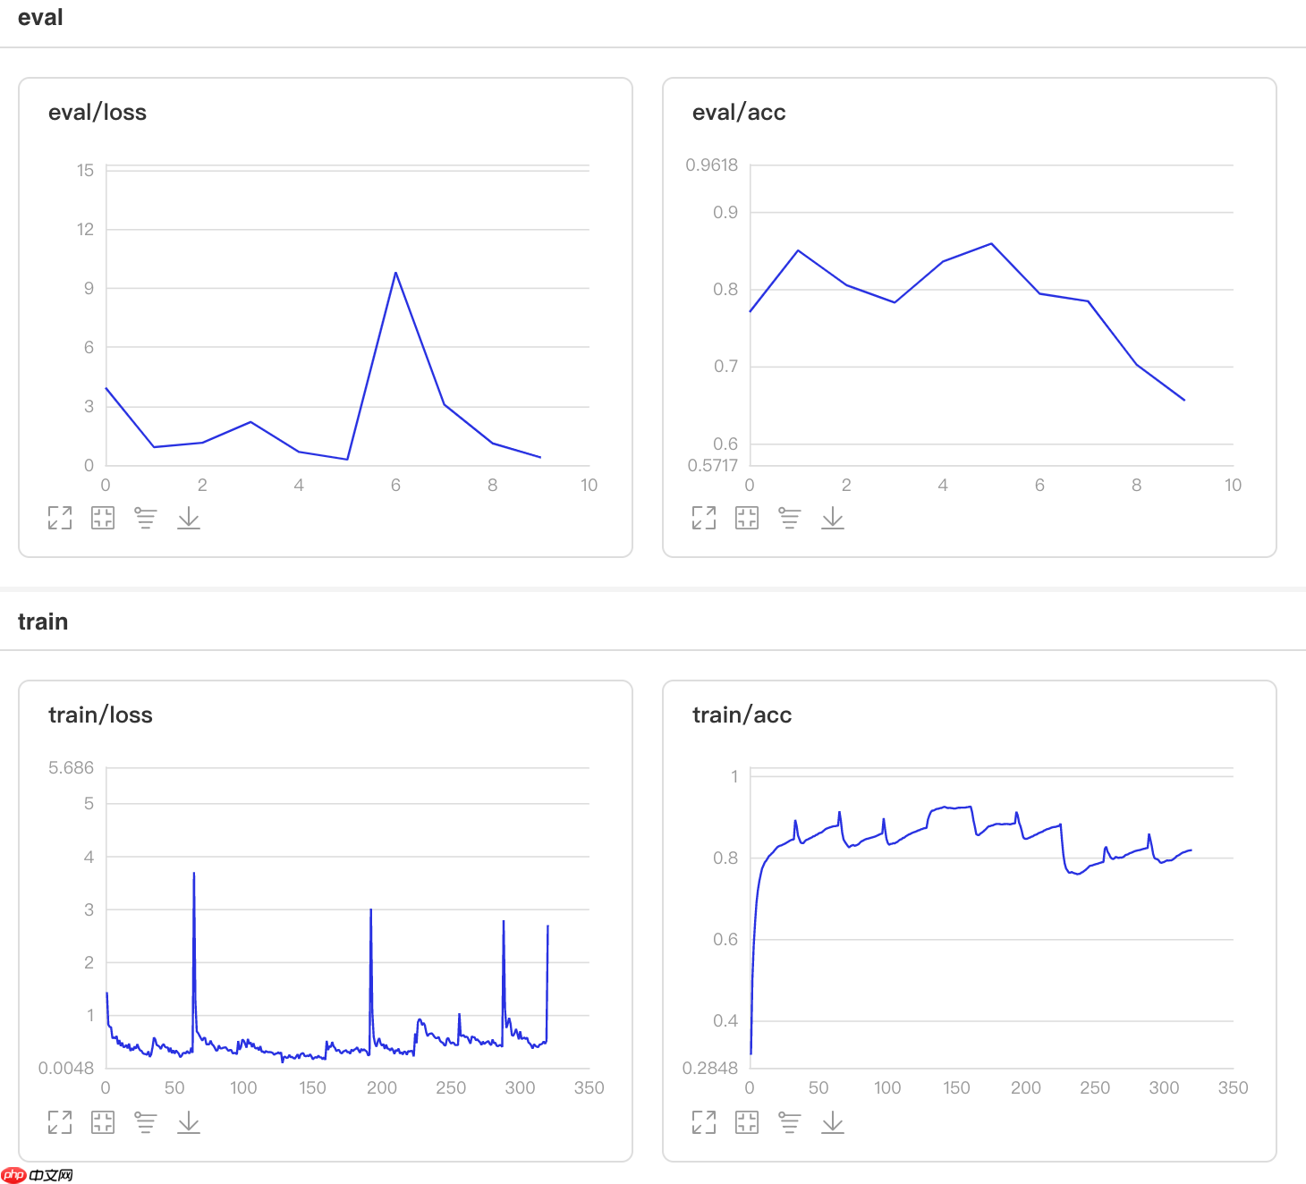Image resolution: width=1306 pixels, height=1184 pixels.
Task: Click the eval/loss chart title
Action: [x=98, y=113]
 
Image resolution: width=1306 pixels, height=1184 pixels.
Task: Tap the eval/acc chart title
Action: [x=739, y=113]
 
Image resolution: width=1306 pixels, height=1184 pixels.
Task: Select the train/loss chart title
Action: [x=100, y=715]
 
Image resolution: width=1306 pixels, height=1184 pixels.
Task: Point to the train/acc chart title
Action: [x=742, y=715]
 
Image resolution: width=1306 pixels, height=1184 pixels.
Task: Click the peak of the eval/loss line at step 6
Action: [x=395, y=273]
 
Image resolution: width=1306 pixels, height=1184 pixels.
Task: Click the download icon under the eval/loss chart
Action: [x=189, y=518]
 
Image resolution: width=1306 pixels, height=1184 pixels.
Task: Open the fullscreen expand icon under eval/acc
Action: [x=704, y=518]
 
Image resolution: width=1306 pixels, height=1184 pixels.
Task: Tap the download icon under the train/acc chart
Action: [x=833, y=1122]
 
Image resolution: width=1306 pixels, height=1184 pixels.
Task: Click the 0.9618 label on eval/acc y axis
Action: [x=711, y=165]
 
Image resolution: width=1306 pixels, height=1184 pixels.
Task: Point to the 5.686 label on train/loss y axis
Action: [x=71, y=768]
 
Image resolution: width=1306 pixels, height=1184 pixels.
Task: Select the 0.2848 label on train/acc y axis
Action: [x=709, y=1069]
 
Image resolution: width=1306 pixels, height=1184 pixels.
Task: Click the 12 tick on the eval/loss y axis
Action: [x=85, y=230]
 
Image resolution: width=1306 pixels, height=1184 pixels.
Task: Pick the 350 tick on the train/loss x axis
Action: [x=589, y=1088]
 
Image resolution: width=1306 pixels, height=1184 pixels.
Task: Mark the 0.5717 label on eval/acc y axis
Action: [x=712, y=466]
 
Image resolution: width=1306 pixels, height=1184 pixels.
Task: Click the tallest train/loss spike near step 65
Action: [x=194, y=874]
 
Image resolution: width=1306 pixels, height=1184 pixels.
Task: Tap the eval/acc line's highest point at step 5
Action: [x=991, y=244]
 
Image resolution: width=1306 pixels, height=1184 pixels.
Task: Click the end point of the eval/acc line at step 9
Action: [x=1184, y=400]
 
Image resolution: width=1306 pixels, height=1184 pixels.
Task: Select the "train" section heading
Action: [x=43, y=622]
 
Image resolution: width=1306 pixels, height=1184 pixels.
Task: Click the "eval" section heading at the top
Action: [x=40, y=18]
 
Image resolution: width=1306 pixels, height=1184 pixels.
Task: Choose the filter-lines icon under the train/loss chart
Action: [x=146, y=1122]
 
